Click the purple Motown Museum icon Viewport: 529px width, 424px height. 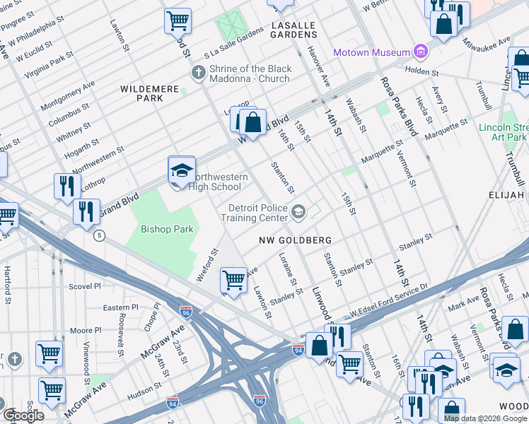(422, 52)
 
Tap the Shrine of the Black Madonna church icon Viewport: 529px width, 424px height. (199, 73)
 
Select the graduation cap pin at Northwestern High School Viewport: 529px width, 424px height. (182, 171)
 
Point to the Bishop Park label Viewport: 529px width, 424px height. (167, 229)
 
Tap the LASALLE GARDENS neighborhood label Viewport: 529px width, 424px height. (293, 30)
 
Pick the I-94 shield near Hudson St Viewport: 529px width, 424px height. (173, 401)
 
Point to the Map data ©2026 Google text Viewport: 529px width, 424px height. (484, 418)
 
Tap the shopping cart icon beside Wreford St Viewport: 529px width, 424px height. (234, 280)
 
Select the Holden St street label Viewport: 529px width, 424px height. (422, 71)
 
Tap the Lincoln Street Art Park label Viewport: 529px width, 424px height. (503, 131)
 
